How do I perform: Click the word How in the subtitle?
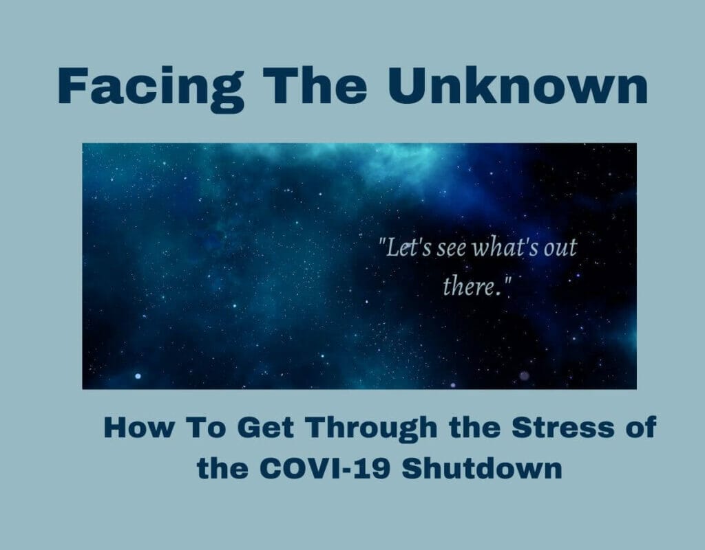[x=138, y=428]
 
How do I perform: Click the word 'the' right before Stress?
[x=475, y=428]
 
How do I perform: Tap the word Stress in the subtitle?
[x=563, y=428]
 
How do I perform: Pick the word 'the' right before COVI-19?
[x=222, y=469]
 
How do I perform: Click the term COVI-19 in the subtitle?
[x=325, y=469]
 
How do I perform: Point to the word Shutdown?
[x=481, y=469]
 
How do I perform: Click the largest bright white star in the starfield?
[x=138, y=376]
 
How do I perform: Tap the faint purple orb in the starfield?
[x=524, y=375]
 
